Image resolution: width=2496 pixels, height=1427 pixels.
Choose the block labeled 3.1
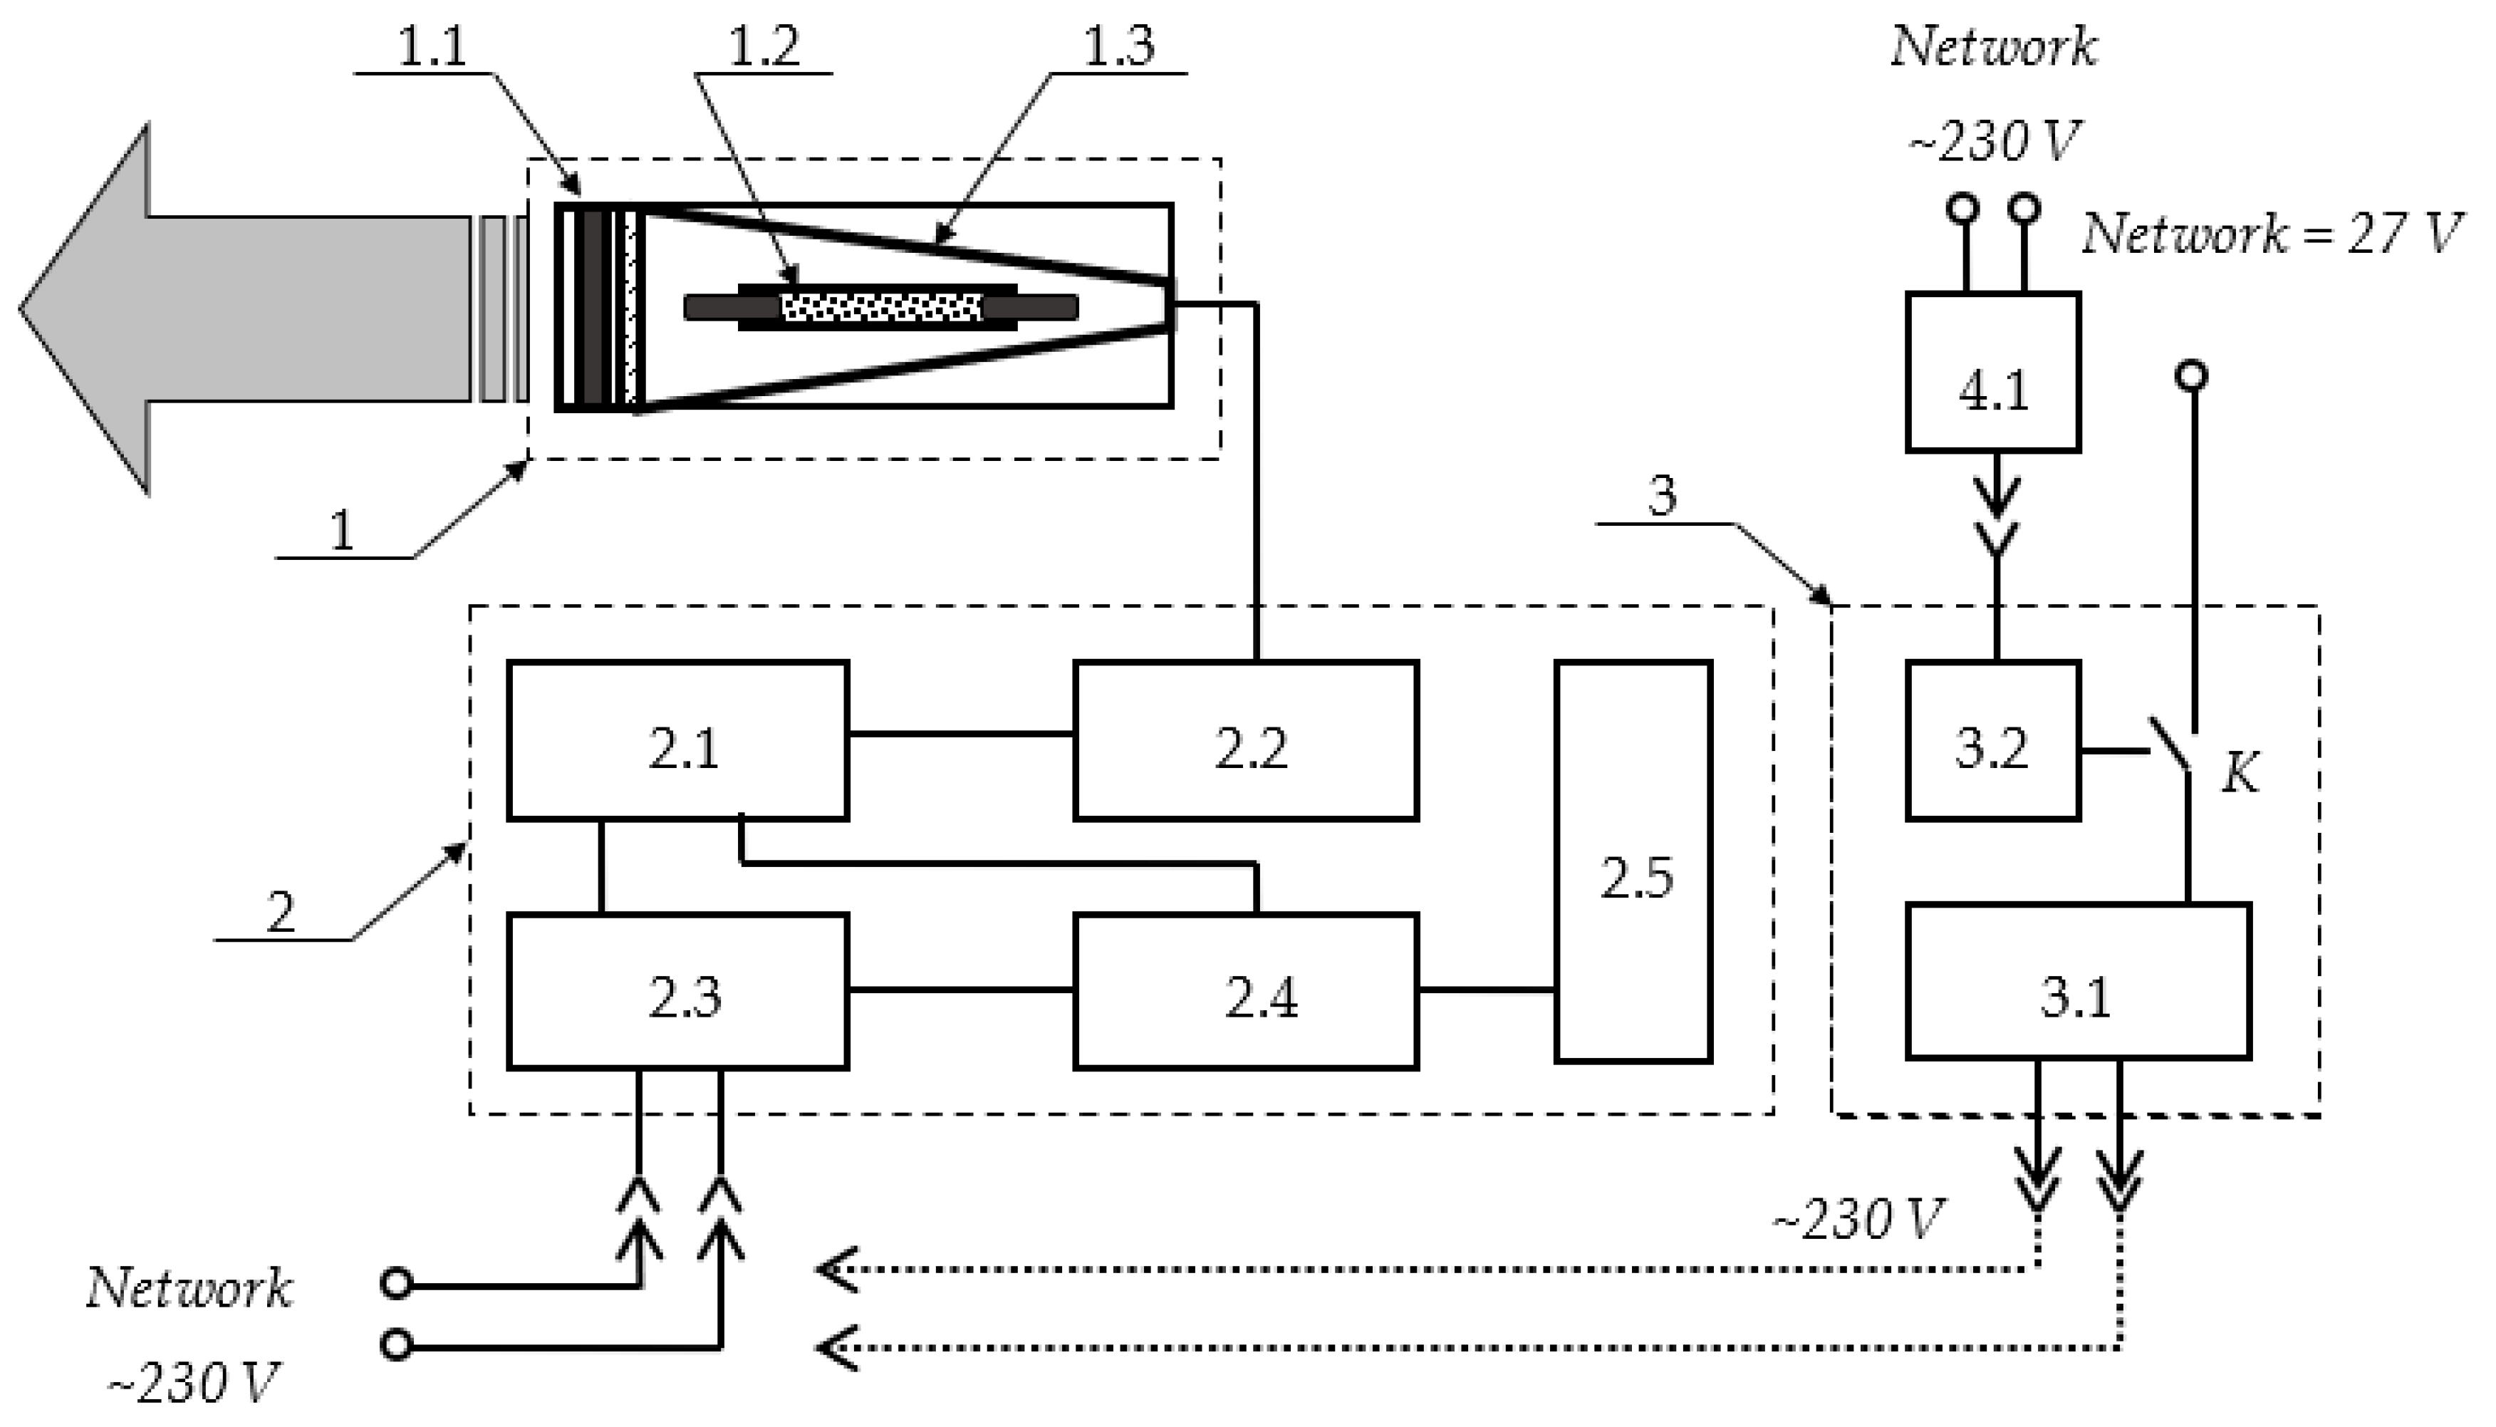point(2078,981)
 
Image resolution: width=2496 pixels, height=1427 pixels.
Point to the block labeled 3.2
point(1992,741)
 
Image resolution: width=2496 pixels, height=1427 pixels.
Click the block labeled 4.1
point(1992,373)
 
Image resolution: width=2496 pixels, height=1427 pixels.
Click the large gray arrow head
point(88,308)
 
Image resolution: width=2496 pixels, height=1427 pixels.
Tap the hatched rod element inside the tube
point(880,308)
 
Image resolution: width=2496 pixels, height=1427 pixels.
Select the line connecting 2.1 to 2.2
point(960,733)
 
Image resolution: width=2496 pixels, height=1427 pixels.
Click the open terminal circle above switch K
point(2193,375)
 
